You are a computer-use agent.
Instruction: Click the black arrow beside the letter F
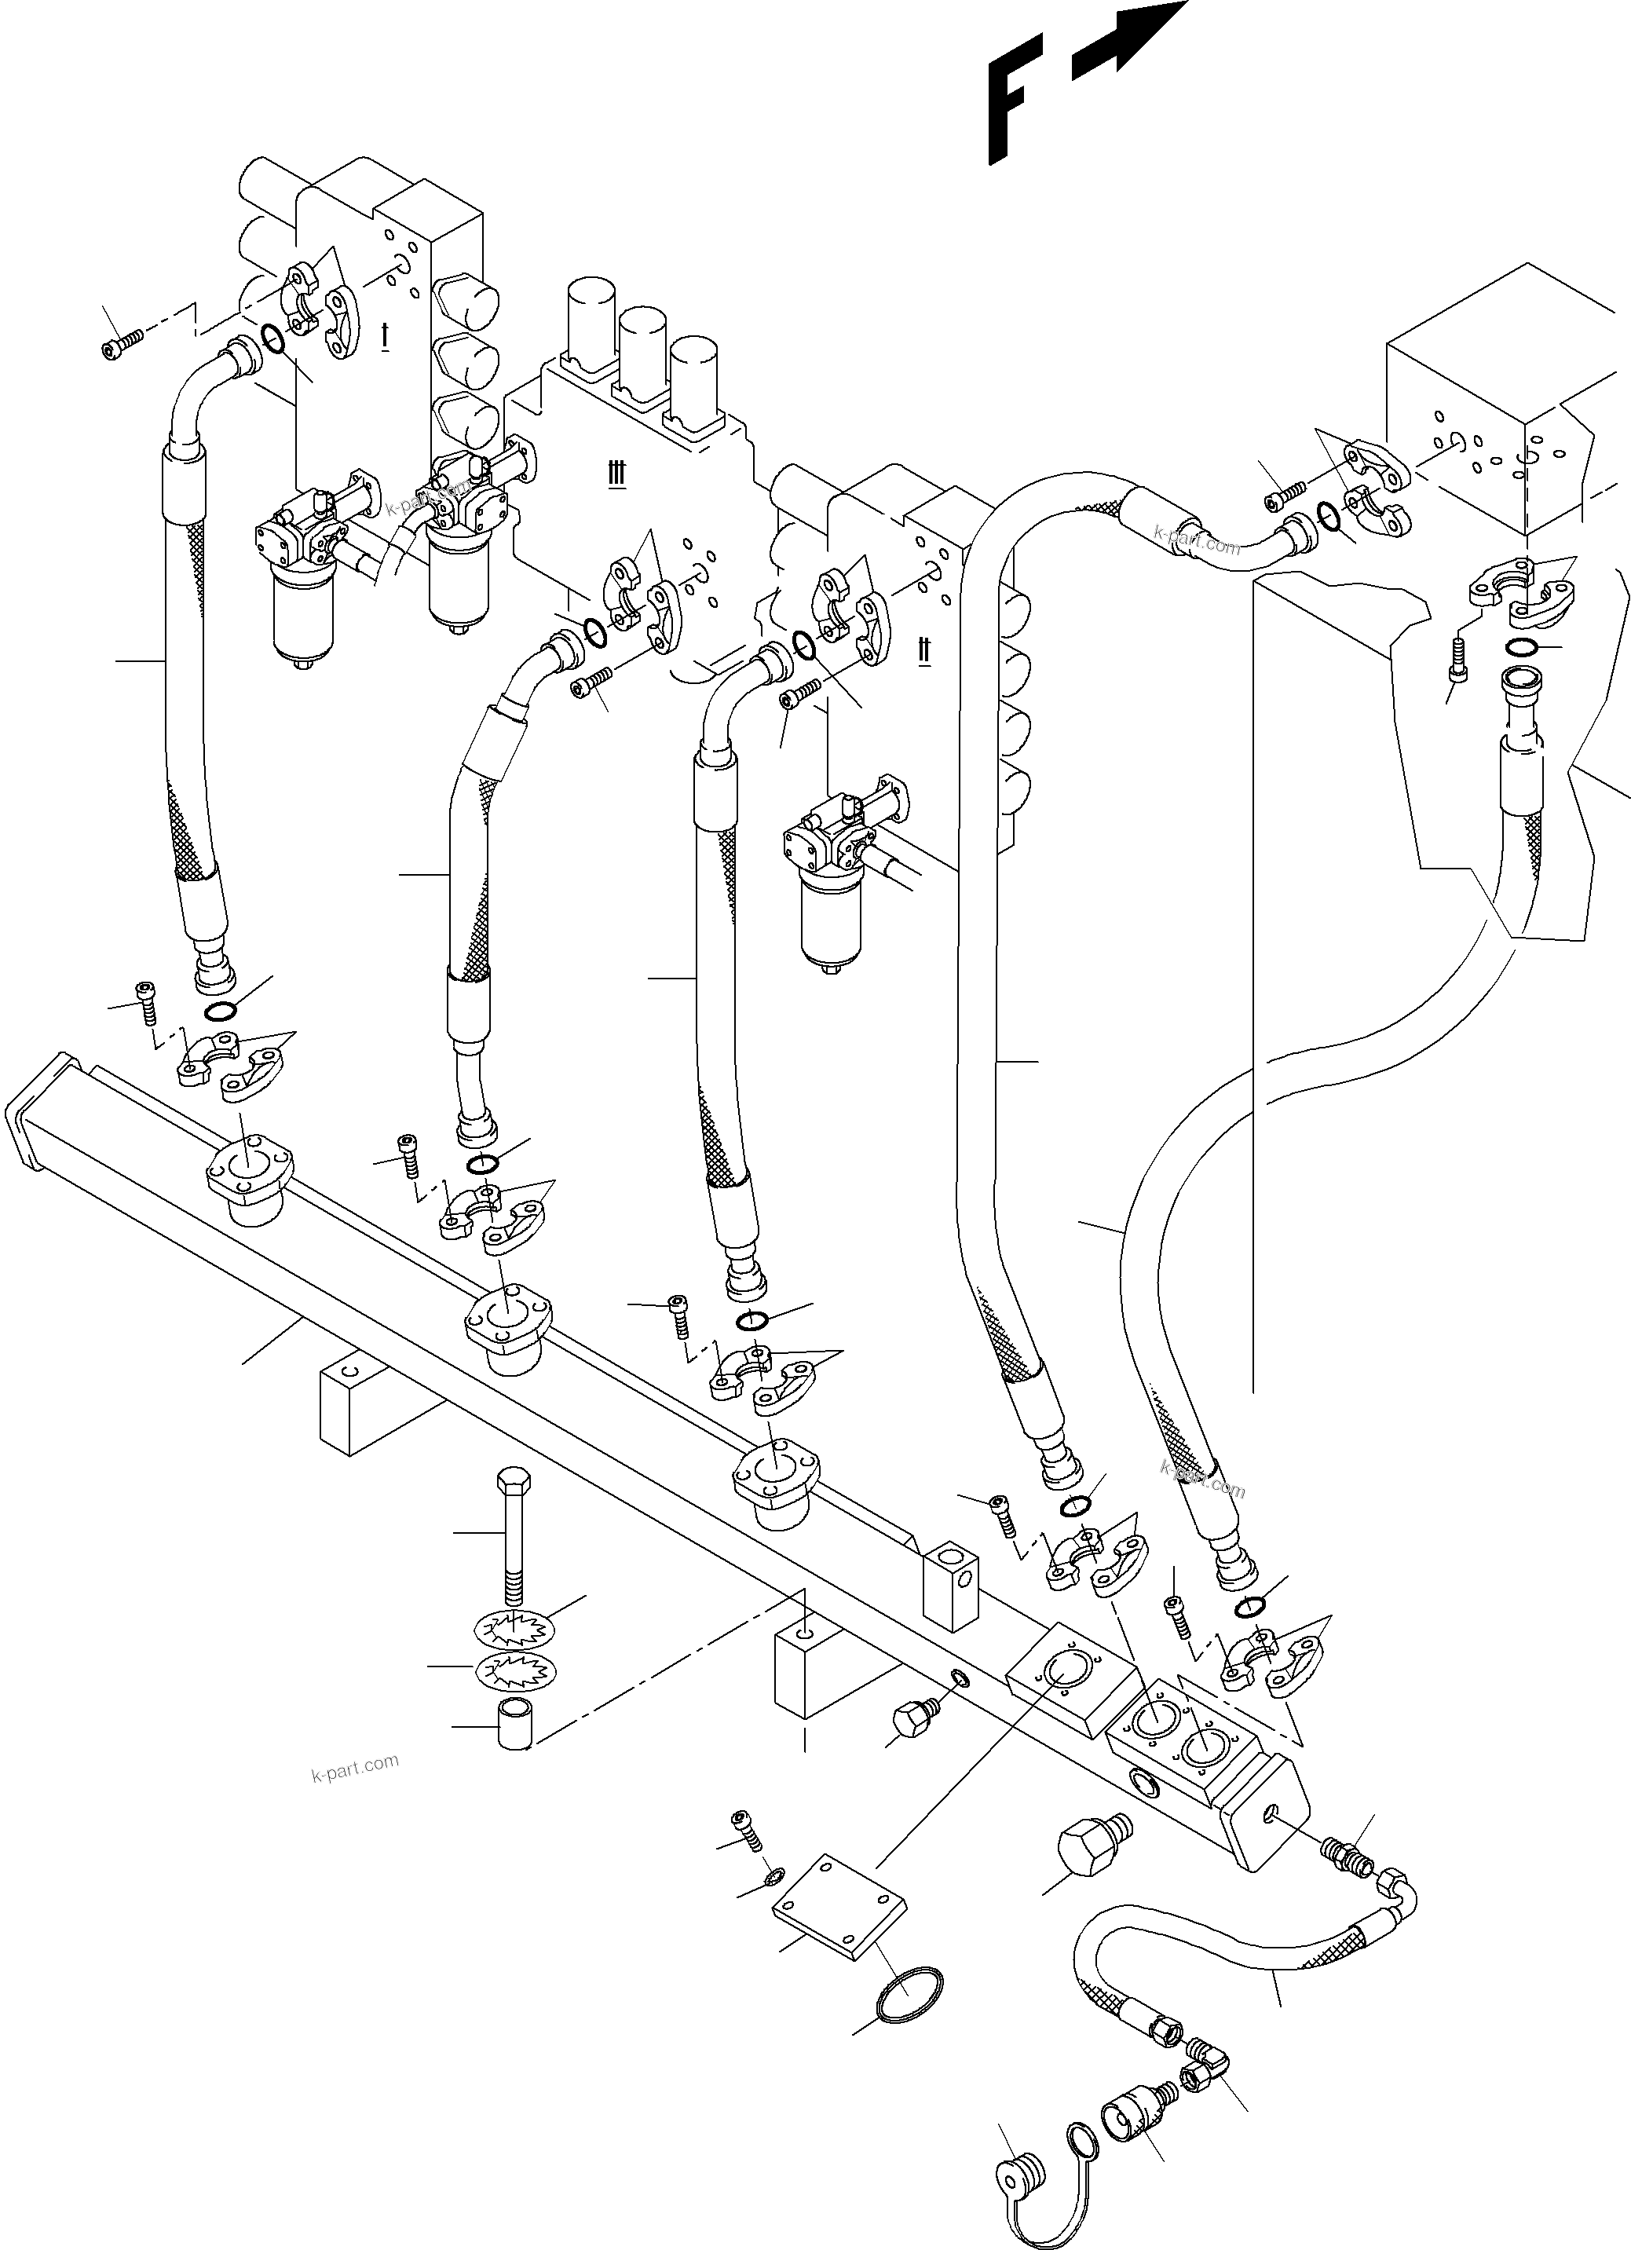click(x=1131, y=40)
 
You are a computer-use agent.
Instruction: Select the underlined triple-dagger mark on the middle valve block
click(x=617, y=474)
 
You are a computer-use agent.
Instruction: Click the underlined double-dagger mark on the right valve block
click(x=923, y=651)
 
